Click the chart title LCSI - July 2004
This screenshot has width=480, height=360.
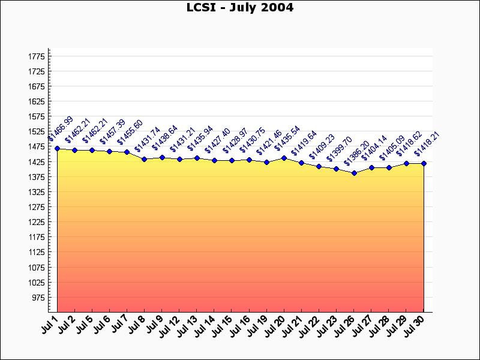tap(240, 8)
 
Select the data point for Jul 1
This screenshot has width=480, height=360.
tap(57, 148)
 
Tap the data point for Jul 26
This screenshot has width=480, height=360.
tap(354, 173)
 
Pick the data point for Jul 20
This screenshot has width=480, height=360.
tap(284, 158)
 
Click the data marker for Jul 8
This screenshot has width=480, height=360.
tap(145, 159)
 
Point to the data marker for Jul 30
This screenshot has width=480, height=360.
tap(424, 163)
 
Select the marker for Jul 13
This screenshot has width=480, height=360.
tap(197, 158)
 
